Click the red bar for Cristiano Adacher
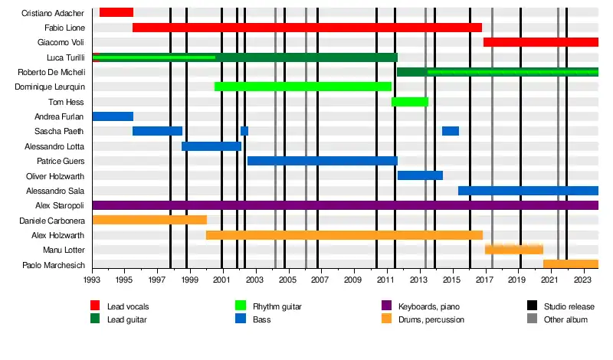[116, 12]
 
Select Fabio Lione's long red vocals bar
[306, 28]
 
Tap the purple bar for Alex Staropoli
[345, 205]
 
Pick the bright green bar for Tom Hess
[410, 102]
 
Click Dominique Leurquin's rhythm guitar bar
[303, 87]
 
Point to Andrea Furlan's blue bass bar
[113, 116]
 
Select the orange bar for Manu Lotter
[513, 250]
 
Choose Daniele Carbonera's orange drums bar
[149, 220]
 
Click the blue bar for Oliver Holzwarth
[420, 175]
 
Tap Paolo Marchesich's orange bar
[570, 264]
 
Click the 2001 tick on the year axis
[222, 280]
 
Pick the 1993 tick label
[92, 280]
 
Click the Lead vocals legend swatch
[95, 307]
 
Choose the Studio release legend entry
[565, 307]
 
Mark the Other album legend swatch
[532, 319]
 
